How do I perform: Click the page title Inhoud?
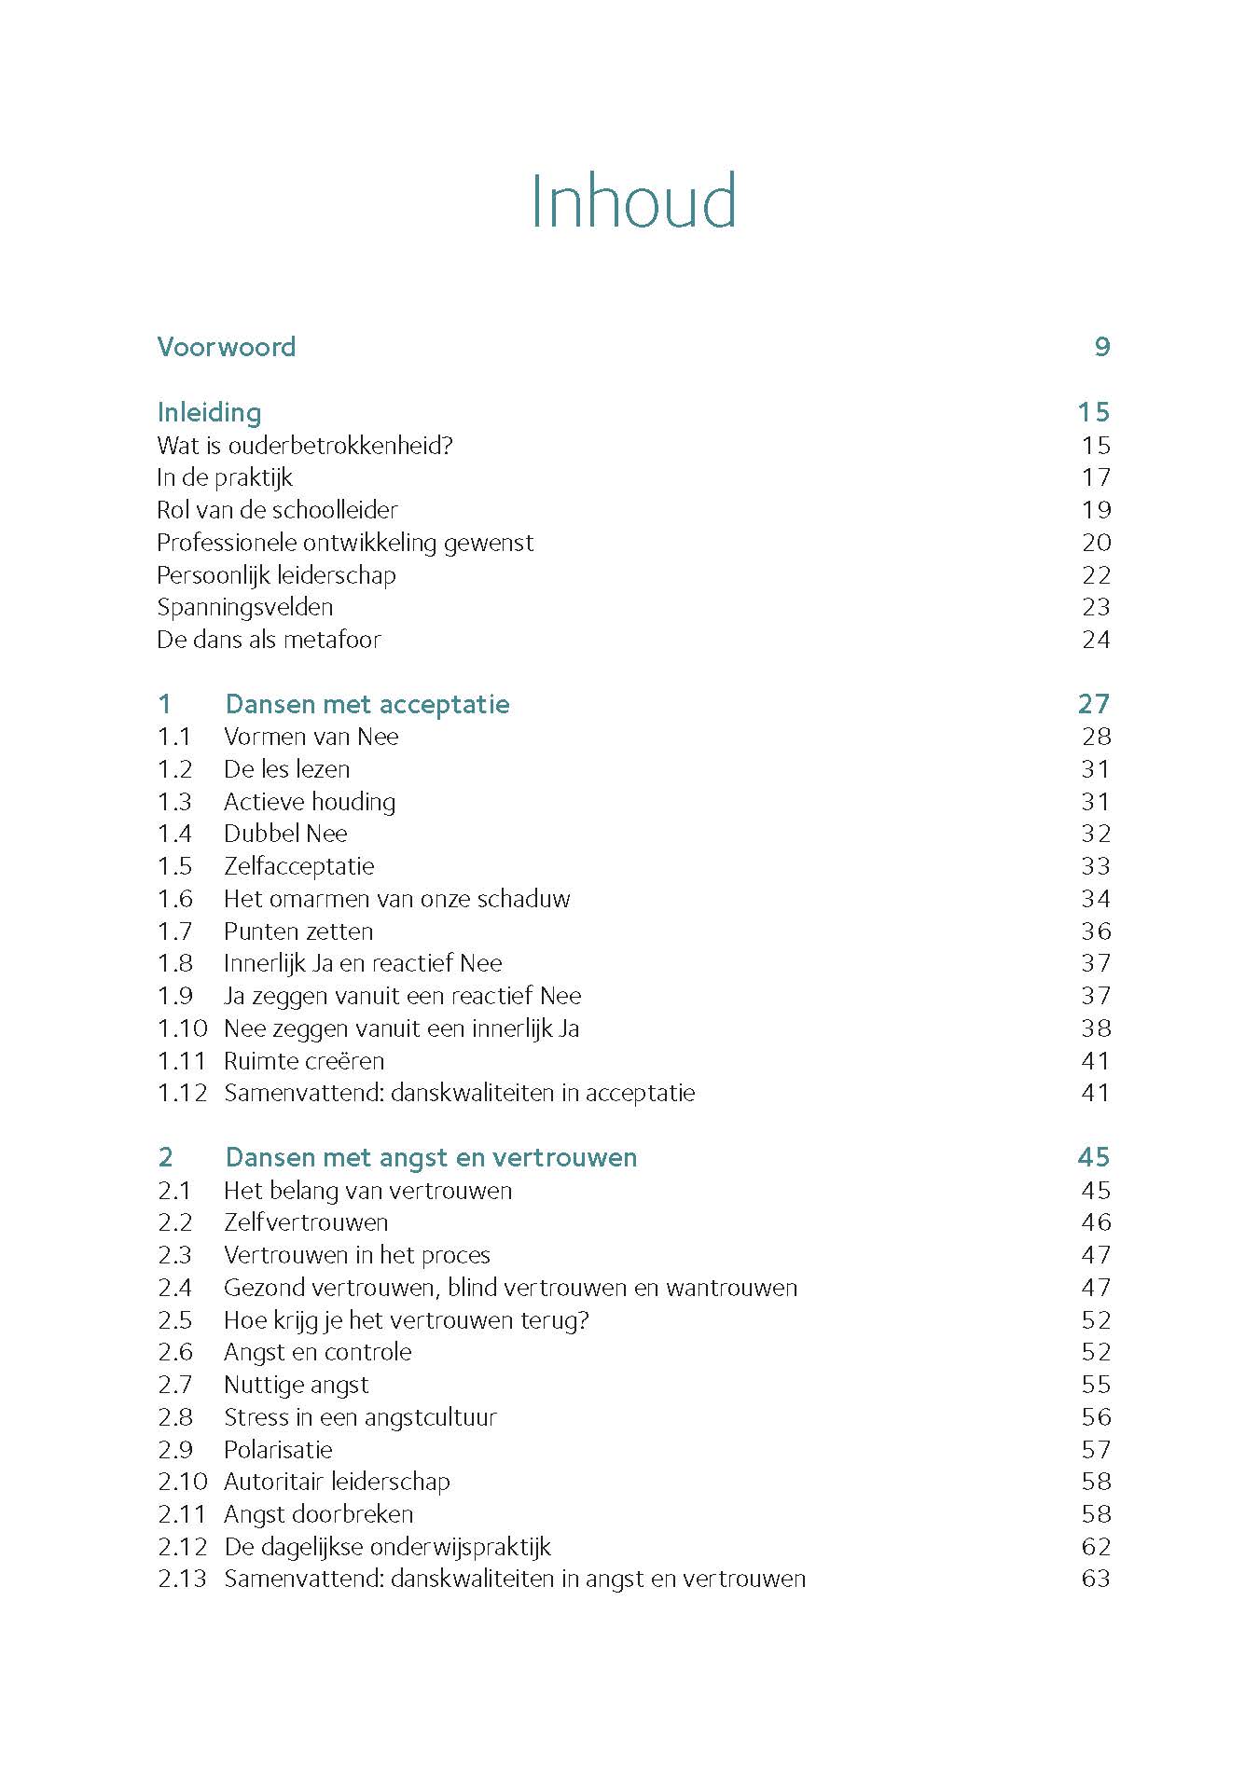633,200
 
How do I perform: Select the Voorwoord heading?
227,347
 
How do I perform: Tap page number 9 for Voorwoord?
1101,347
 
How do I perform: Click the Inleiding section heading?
209,412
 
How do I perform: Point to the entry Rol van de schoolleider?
277,510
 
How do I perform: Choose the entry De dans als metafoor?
269,640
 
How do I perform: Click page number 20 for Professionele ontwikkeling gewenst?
1096,543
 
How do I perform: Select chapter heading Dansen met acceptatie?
367,704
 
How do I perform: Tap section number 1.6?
174,899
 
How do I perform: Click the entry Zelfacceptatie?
298,866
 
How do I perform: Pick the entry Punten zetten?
298,931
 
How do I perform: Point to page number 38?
1096,1028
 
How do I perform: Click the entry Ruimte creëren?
304,1061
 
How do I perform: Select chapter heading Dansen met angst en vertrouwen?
431,1157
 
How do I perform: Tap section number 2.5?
174,1320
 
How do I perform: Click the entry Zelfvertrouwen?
306,1222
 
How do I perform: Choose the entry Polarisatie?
278,1450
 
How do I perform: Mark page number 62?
1096,1547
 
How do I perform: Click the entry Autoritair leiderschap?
337,1482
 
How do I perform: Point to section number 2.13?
182,1579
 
